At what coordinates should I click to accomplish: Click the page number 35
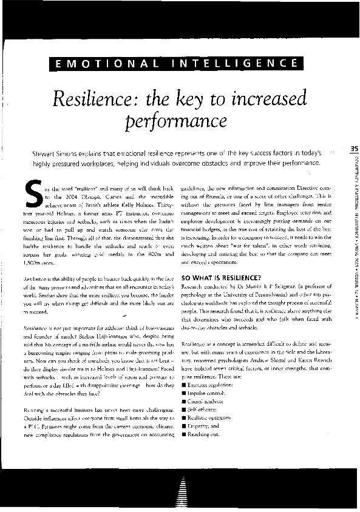pyautogui.click(x=355, y=149)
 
